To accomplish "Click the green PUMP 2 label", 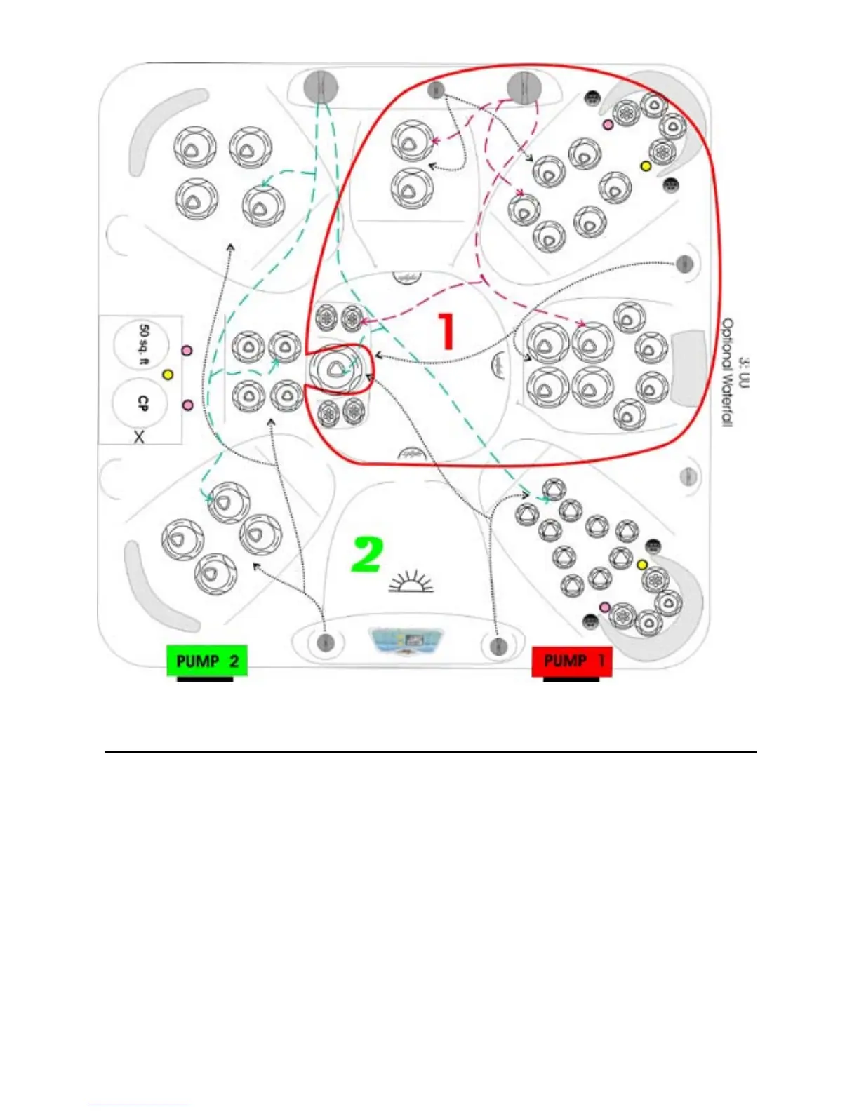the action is [207, 661].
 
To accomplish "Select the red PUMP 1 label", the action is [572, 661].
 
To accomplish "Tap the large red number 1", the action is [446, 331].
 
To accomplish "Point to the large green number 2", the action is [367, 554].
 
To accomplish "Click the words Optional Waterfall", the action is [728, 372].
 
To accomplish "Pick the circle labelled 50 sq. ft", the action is [142, 344].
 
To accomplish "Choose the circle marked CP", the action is [141, 403].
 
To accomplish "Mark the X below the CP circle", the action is [139, 437].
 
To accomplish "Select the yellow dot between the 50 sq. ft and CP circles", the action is [168, 375].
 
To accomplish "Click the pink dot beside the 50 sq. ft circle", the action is [187, 349].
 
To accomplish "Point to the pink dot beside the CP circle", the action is [187, 405].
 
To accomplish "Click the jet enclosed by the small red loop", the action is [335, 368].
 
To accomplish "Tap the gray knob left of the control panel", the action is [325, 642].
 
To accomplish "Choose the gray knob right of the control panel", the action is [498, 645].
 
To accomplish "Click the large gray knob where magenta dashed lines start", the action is [523, 87].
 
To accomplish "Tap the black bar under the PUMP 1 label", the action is [571, 679].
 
